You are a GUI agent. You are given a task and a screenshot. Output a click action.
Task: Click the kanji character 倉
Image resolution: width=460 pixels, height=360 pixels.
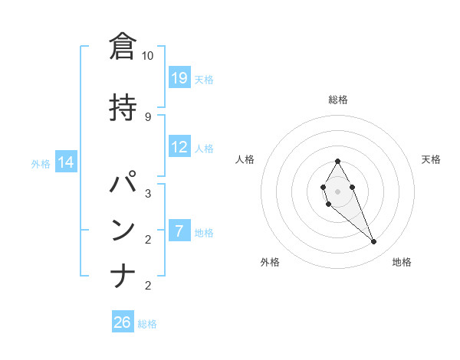tap(123, 47)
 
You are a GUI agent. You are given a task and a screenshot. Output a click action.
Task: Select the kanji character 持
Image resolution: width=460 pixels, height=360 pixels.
tap(123, 106)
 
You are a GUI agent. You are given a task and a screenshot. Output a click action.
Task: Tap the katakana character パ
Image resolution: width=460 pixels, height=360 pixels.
tap(123, 185)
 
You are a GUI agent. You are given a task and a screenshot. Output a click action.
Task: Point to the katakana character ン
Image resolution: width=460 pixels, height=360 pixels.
tap(123, 230)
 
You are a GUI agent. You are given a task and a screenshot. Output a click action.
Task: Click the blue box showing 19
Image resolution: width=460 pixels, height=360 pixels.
tap(179, 77)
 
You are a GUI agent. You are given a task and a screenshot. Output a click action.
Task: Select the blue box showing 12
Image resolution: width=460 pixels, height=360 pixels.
tap(179, 147)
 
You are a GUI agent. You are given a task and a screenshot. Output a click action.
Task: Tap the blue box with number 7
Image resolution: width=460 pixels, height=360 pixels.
tap(179, 231)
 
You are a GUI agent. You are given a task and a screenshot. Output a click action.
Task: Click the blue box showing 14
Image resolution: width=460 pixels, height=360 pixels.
tap(66, 162)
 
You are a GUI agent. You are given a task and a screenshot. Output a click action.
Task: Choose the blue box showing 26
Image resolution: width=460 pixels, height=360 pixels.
tap(123, 322)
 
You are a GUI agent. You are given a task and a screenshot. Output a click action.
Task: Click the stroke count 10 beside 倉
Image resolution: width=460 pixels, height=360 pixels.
tap(147, 56)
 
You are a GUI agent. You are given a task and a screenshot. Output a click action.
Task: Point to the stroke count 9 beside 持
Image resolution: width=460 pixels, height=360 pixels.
tap(147, 116)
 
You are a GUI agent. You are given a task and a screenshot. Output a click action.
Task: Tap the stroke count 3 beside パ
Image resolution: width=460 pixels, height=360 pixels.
tap(147, 193)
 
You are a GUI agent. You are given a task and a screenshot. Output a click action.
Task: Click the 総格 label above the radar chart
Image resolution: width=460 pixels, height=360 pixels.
tap(338, 100)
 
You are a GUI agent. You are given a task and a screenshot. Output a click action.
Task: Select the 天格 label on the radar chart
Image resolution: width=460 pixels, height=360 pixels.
tap(431, 159)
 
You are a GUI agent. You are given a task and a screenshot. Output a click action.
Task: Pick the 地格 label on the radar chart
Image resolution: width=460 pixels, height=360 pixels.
tap(402, 262)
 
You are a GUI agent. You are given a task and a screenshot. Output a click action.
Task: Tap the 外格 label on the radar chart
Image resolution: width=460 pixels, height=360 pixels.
tap(270, 262)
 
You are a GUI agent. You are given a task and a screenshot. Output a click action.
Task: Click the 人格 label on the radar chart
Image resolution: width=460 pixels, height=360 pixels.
tap(245, 159)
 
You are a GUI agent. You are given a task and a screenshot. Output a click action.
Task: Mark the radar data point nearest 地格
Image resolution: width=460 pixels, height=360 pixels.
tap(373, 242)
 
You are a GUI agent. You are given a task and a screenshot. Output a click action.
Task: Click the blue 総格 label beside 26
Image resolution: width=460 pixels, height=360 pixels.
tap(147, 324)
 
